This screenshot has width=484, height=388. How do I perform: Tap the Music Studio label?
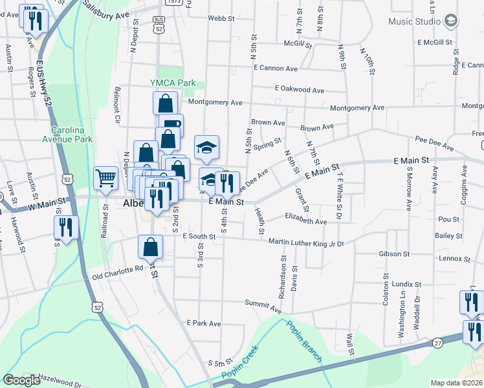point(414,21)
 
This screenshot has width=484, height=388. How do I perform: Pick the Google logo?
point(21,380)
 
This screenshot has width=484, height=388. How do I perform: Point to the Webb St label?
point(221,19)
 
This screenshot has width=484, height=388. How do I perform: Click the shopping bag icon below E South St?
point(150,246)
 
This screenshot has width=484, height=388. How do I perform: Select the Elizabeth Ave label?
point(306,221)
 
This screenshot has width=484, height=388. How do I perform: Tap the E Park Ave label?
point(203,323)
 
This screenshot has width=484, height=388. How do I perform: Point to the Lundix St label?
point(406,284)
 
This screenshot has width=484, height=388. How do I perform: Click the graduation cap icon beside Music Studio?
point(450,21)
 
